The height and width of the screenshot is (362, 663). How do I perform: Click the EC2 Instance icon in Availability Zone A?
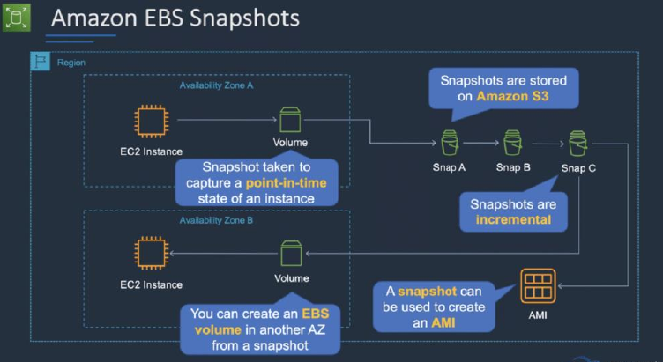tap(151, 122)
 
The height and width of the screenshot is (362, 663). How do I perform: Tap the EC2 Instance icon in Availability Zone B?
tap(151, 254)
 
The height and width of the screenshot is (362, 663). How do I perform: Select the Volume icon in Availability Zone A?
tap(290, 120)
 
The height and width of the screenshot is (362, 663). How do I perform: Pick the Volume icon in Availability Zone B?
tap(291, 254)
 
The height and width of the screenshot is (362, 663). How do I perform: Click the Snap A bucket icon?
tap(450, 143)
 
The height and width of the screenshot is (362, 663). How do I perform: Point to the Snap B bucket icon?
tap(513, 143)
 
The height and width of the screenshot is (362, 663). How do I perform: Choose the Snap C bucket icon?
tap(577, 144)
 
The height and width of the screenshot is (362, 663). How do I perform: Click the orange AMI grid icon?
tap(538, 286)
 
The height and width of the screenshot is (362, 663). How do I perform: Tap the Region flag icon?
tap(41, 62)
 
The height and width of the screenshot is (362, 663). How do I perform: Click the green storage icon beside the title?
tap(17, 18)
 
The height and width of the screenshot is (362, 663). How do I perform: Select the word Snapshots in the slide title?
tap(244, 18)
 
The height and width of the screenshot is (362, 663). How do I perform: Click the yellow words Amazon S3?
tap(512, 96)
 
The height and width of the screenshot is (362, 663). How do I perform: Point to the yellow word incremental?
tap(513, 219)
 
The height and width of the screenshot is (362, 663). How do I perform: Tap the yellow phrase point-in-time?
tap(286, 183)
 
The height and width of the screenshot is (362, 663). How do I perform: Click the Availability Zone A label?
tap(216, 85)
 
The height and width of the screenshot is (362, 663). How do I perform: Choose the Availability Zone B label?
tap(216, 220)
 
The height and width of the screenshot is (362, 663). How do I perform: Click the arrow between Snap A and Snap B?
tap(481, 143)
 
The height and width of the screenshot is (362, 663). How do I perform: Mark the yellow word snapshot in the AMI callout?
tap(427, 292)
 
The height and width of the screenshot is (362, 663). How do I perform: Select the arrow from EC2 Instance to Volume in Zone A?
tap(227, 120)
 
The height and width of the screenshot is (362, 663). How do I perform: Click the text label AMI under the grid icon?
tap(538, 315)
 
